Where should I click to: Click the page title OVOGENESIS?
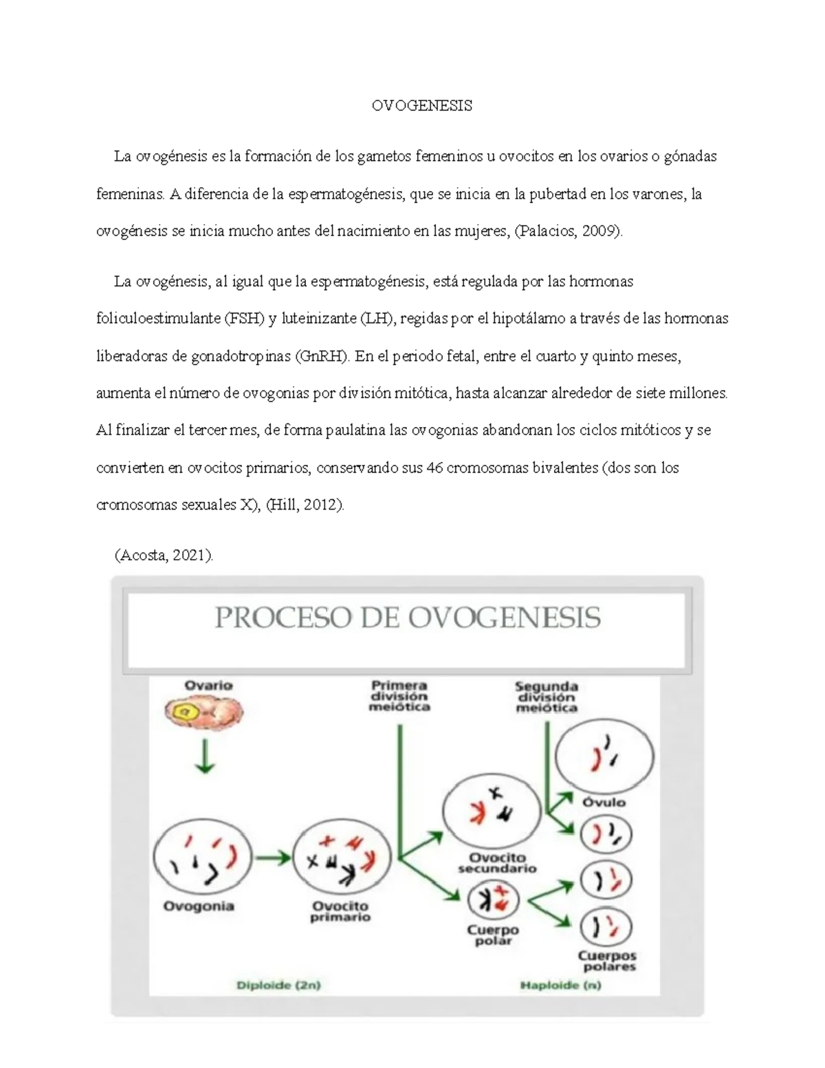point(421,105)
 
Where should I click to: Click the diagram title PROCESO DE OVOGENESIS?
point(408,618)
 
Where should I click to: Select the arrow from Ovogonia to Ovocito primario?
point(273,858)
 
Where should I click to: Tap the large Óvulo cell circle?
point(604,756)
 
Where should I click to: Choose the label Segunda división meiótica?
point(547,697)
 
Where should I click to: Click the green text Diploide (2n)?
point(278,985)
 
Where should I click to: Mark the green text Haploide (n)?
point(560,985)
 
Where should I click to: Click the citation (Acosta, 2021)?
point(164,555)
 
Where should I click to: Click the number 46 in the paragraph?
point(434,468)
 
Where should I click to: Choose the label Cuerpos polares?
point(607,961)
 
